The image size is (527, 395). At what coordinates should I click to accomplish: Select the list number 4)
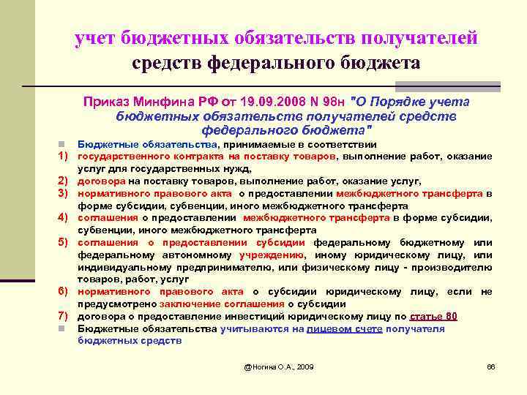64,218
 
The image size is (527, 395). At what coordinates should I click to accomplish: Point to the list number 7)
64,316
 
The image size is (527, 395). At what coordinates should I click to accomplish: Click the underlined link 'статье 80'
434,316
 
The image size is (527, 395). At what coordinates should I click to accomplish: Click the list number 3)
64,193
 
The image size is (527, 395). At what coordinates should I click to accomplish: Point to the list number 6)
64,292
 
